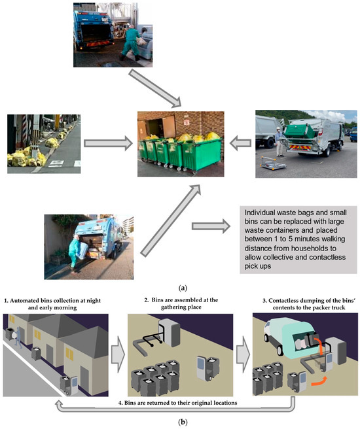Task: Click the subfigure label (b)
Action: tap(180, 422)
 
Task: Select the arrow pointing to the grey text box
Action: tap(211, 226)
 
